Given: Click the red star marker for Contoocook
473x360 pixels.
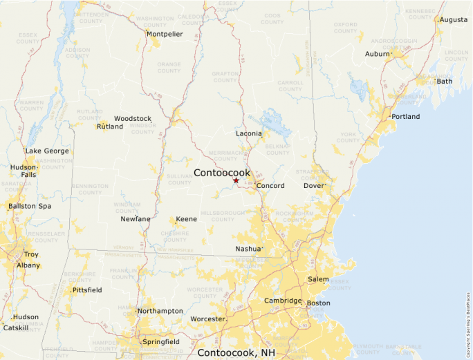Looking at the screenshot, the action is (236, 180).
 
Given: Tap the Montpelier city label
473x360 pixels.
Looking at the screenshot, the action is (165, 33).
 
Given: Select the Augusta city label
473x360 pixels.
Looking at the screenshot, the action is (453, 19).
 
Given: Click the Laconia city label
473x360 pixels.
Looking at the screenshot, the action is (249, 133).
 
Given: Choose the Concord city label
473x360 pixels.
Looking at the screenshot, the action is (270, 186).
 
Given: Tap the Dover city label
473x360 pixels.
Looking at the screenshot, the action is (315, 186).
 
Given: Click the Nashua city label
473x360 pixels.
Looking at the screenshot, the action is (248, 248).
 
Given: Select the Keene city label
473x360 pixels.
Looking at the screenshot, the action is (186, 219).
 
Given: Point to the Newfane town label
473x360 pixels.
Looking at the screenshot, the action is (136, 219).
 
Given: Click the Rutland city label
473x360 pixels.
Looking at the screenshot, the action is (110, 126).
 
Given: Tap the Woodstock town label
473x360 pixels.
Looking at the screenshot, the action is (132, 119).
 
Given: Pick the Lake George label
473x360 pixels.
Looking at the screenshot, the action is (47, 151).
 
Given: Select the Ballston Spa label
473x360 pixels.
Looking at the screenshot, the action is (30, 206).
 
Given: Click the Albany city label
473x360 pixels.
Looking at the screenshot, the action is (28, 265).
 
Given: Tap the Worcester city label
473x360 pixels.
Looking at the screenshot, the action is (207, 319).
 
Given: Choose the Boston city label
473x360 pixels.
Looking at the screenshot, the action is (319, 303).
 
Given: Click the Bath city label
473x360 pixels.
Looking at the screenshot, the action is (445, 81).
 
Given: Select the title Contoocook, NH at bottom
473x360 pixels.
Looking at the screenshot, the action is (236, 352).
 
